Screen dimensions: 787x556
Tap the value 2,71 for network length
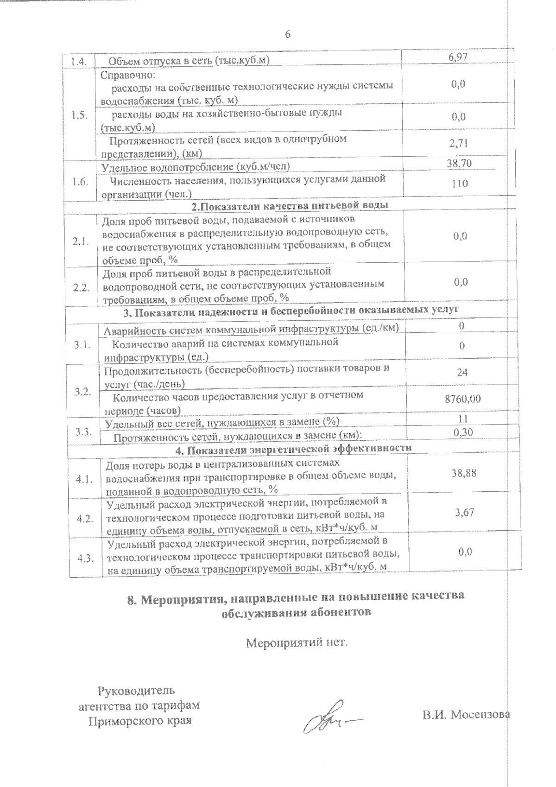coord(459,143)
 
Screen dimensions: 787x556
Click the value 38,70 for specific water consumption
coord(459,163)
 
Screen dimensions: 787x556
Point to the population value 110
coord(460,184)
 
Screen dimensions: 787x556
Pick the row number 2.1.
coord(80,242)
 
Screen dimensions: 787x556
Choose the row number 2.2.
coord(81,287)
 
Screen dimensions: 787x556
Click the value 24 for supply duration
coord(462,372)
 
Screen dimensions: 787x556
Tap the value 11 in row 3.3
coord(462,419)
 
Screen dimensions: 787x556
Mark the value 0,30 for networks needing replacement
coord(462,432)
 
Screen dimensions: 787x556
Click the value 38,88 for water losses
coord(464,473)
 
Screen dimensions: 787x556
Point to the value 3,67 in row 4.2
coord(464,512)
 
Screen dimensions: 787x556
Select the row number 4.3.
coord(86,558)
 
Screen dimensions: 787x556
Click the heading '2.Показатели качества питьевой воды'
coord(290,205)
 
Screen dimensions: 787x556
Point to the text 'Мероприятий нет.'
coord(296,643)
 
